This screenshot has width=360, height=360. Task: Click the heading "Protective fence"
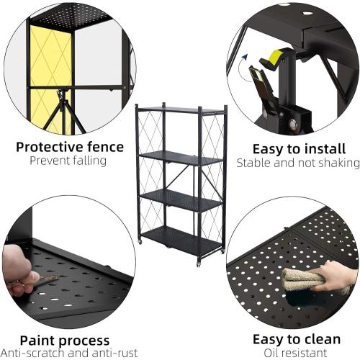tap(70, 147)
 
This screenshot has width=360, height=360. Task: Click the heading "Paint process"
tap(65, 340)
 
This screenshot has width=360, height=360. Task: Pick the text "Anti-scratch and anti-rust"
tap(66, 353)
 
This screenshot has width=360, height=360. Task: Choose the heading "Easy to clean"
tap(296, 340)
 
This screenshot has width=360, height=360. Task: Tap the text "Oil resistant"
tap(296, 353)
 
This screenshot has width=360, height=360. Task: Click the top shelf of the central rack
tap(180, 109)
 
